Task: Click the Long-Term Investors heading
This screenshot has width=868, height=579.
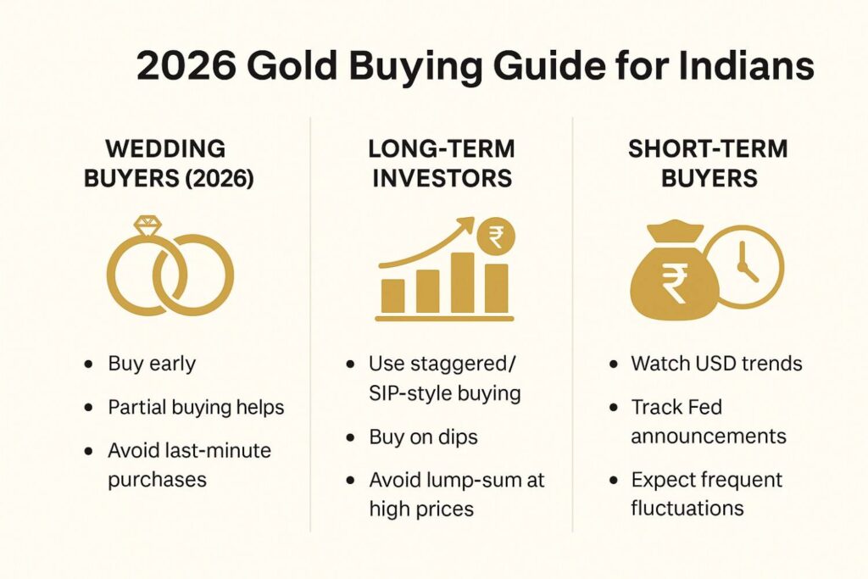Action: click(441, 164)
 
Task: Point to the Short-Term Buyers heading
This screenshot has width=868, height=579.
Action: click(708, 164)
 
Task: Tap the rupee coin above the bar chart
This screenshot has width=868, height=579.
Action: click(496, 239)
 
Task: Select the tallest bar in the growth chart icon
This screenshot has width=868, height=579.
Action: click(463, 281)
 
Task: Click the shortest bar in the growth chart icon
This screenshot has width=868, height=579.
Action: click(393, 295)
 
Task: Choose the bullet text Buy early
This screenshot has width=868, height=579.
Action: click(152, 365)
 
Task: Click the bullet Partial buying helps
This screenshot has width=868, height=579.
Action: click(196, 407)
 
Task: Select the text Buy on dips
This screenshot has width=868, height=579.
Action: click(423, 437)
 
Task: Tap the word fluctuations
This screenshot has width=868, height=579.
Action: click(687, 509)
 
